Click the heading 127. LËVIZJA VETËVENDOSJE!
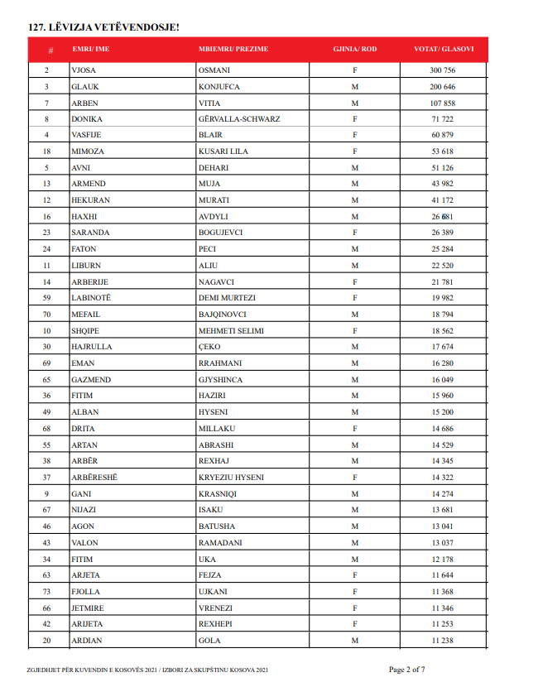pos(103,27)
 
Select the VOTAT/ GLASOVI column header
pos(444,50)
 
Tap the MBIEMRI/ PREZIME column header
pos(233,50)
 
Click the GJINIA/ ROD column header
pos(354,50)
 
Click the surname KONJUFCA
pos(219,87)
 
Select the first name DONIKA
pos(87,119)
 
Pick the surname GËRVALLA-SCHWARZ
pos(239,119)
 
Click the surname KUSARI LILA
pos(223,151)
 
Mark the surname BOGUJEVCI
pos(221,233)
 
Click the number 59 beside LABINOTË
pos(47,298)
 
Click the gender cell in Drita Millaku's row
pos(354,429)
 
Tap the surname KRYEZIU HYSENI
pos(231,478)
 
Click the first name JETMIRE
pos(88,608)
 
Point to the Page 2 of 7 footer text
pos(407,669)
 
